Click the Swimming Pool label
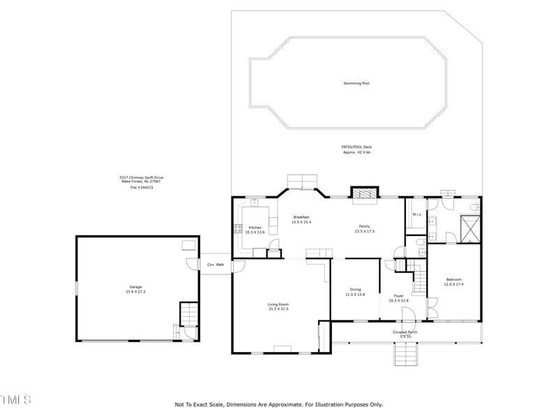point(356,83)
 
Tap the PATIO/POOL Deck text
point(356,147)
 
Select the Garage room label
point(135,287)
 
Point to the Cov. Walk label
point(216,265)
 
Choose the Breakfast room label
point(301,217)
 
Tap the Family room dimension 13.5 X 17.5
point(365,231)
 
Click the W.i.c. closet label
point(416,214)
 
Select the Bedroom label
point(453,279)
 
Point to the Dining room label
point(356,290)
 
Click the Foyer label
point(398,296)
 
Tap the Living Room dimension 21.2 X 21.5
point(278,309)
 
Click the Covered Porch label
point(405,332)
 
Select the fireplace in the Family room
point(363,193)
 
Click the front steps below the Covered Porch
point(406,355)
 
